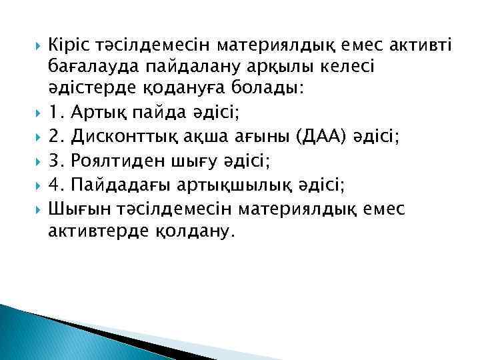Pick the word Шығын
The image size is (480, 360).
(x=74, y=209)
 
